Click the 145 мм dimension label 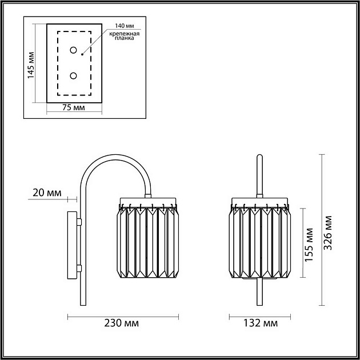click(x=31, y=63)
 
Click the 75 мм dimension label click(x=73, y=107)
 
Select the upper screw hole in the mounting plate click(x=73, y=50)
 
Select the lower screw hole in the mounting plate click(x=73, y=75)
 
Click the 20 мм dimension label click(x=47, y=193)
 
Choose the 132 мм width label click(x=262, y=324)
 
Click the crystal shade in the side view click(x=148, y=243)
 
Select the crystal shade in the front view click(x=261, y=243)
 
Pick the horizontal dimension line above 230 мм click(x=123, y=315)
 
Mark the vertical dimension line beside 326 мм click(x=322, y=229)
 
